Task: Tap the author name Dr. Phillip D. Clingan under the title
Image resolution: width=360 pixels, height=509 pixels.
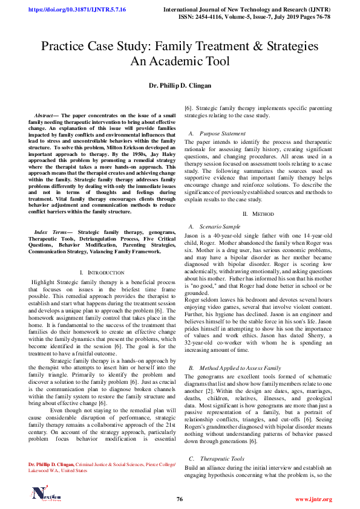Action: coord(180,86)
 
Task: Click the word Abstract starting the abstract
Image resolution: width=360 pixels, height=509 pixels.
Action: coord(44,115)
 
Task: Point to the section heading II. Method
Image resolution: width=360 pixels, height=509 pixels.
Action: coord(258,214)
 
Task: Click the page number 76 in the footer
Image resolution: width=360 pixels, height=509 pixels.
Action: coord(180,499)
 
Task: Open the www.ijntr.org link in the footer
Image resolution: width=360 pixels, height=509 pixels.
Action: coord(313,499)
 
